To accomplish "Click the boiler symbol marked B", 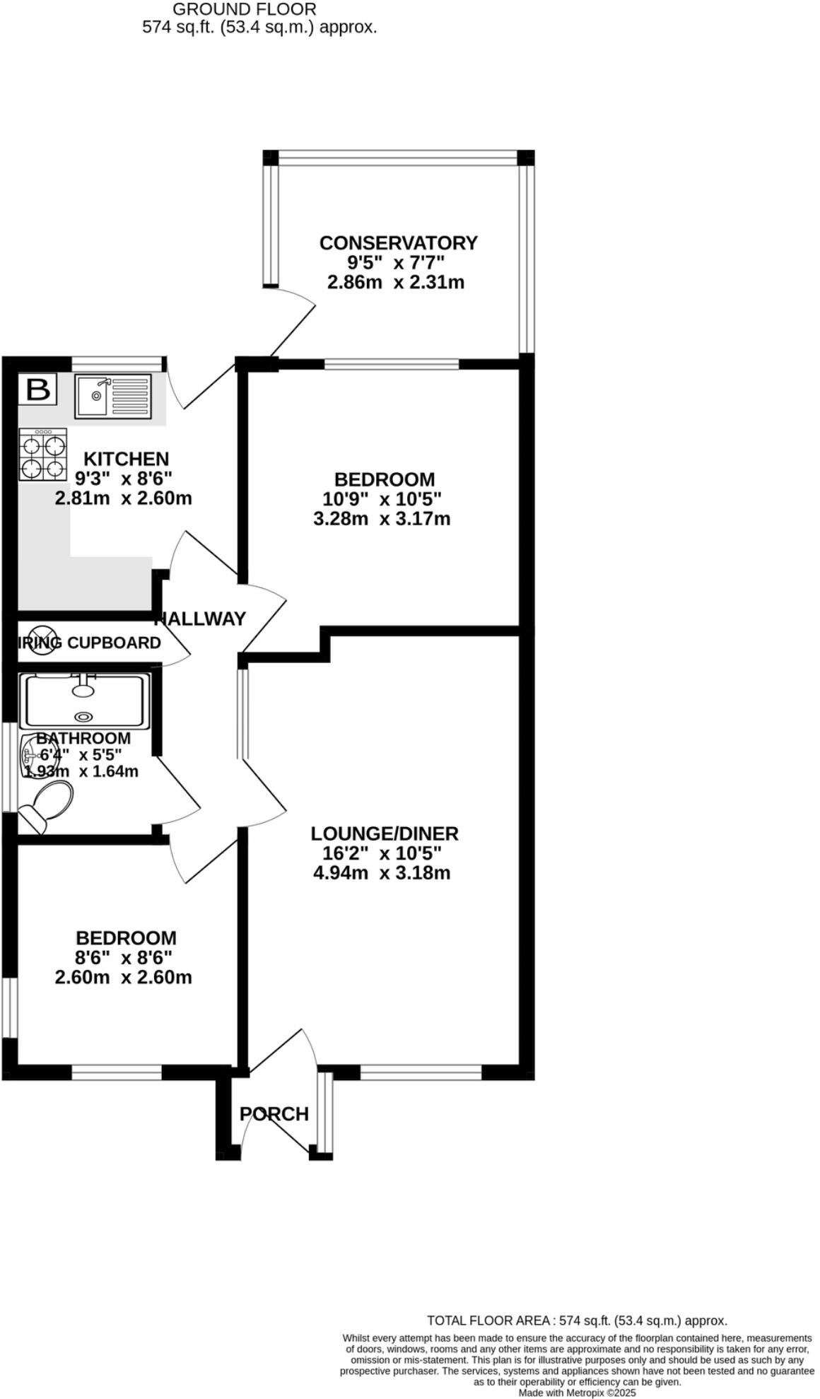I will (37, 390).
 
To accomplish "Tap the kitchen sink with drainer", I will (113, 396).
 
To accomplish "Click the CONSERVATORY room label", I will (398, 243).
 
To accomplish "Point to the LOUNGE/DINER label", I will (385, 833).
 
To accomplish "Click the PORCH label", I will (274, 1114).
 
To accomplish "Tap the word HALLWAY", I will (201, 619).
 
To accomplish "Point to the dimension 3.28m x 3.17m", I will (381, 519).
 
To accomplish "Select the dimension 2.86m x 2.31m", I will (395, 283).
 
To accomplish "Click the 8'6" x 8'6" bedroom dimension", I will (124, 958).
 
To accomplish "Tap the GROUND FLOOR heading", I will (245, 10).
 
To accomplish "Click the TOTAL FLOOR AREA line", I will (577, 1321).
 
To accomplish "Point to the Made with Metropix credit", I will (577, 1393).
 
